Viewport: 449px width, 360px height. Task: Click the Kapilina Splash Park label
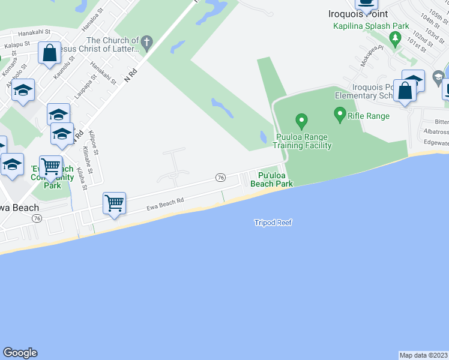(372, 26)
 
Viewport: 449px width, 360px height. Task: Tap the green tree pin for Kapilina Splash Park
(395, 40)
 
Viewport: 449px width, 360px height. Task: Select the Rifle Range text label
(369, 116)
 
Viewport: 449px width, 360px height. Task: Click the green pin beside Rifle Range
(340, 113)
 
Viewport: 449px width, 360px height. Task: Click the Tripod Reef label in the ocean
(273, 223)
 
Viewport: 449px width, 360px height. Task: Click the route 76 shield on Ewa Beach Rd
(221, 178)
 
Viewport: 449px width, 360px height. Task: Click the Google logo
(20, 353)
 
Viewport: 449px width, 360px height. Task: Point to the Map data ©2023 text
(423, 355)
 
